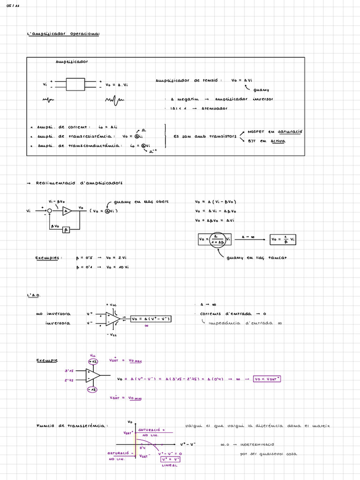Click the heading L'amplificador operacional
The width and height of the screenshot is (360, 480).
point(63,34)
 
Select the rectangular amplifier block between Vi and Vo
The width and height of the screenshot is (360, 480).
point(75,84)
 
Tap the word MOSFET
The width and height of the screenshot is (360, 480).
point(256,132)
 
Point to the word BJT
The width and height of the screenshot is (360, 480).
point(251,141)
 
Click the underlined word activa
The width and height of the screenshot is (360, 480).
point(277,141)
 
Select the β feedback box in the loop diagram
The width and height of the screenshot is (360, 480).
point(66,230)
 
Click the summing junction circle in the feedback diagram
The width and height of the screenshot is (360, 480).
point(49,211)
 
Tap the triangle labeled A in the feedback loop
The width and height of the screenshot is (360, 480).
point(67,211)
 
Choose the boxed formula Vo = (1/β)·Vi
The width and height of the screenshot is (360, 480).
point(283,239)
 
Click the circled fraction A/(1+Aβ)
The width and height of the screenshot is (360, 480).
point(217,240)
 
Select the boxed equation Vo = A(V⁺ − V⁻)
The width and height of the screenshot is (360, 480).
point(151,319)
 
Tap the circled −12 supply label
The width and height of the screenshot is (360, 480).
point(92,390)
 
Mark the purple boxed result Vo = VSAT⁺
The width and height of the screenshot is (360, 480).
point(267,379)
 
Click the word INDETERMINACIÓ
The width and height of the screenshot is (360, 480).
point(257,444)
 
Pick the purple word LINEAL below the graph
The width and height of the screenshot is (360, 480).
point(170,465)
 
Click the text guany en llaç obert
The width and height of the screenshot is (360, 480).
point(138,202)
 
